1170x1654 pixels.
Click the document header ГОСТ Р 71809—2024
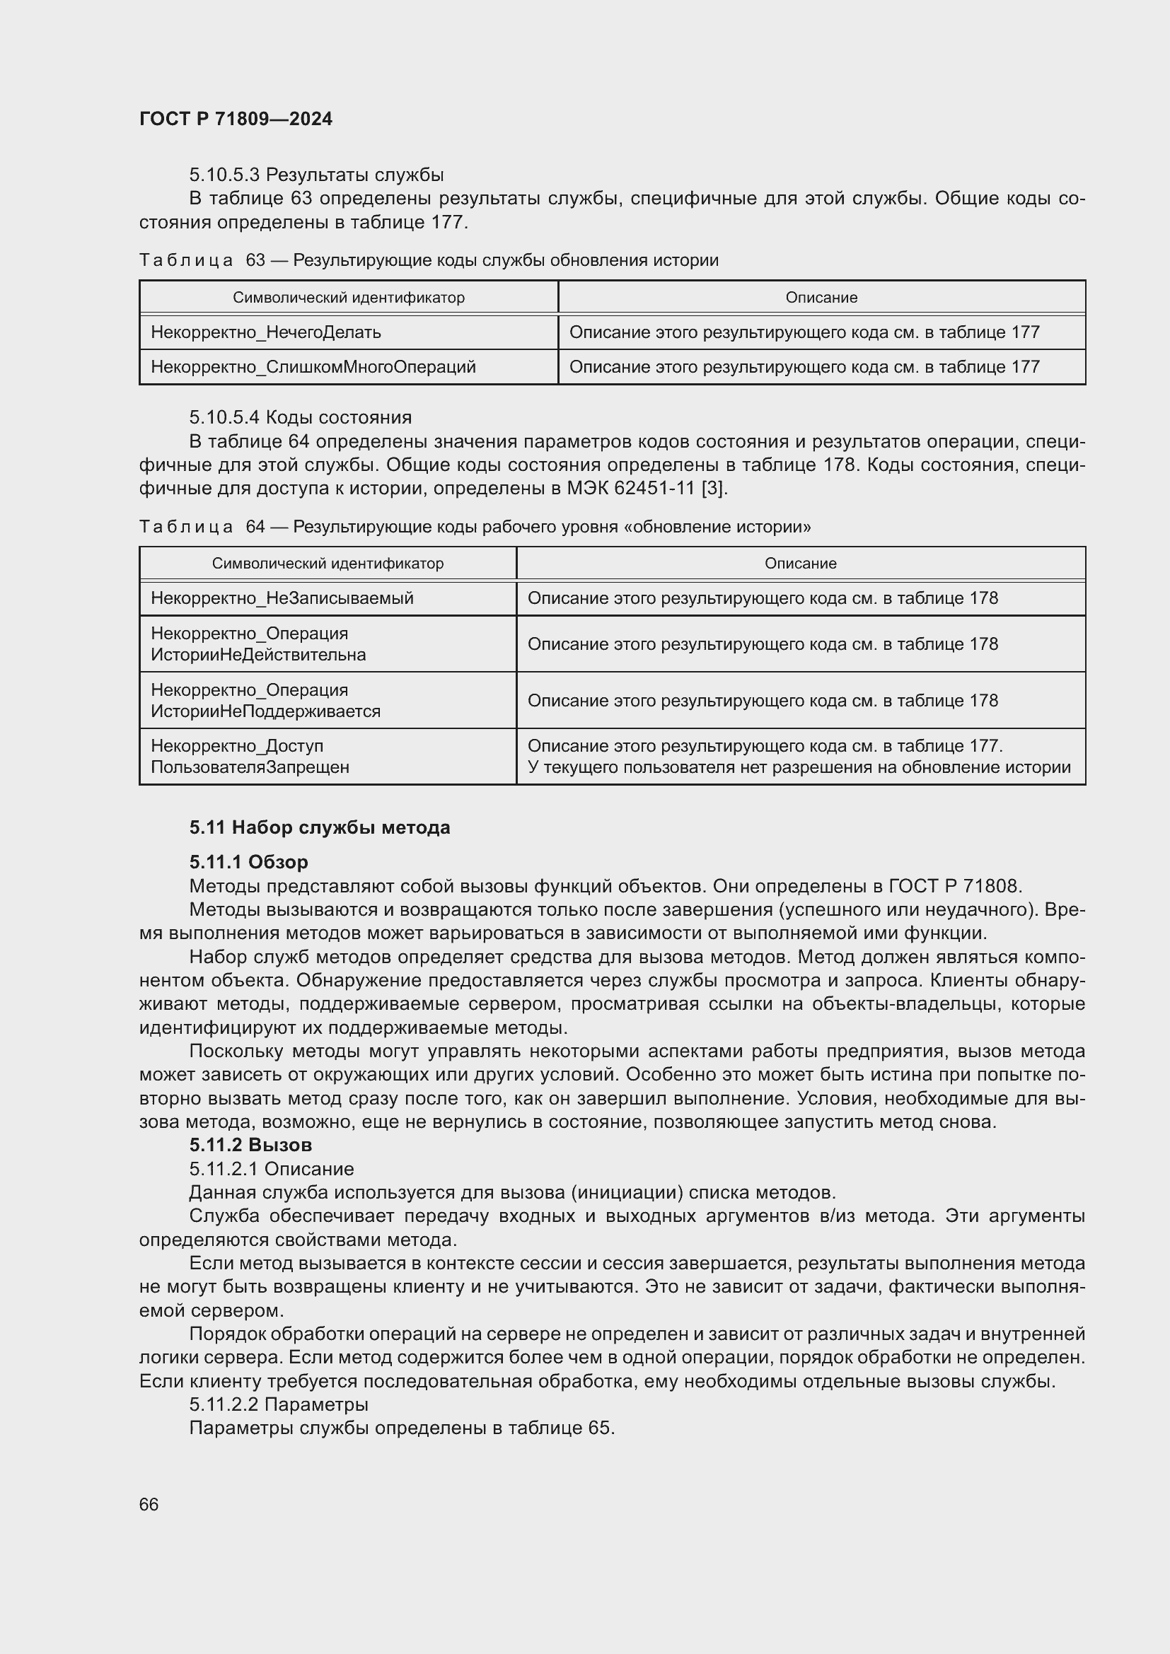tap(236, 120)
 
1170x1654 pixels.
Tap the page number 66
tap(149, 1504)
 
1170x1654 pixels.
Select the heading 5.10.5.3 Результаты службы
tap(316, 175)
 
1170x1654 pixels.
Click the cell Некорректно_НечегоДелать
tap(266, 332)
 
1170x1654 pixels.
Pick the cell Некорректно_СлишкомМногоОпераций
tap(313, 367)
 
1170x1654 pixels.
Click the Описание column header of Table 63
tap(821, 298)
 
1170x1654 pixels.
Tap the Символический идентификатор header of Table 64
tap(328, 564)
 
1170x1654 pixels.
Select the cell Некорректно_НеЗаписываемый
tap(282, 598)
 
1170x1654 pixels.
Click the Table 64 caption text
tap(475, 527)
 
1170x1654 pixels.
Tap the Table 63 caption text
tap(429, 260)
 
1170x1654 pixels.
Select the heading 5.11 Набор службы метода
tap(320, 828)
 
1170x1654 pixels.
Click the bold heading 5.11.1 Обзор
tap(248, 861)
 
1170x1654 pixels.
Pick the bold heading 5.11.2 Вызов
tap(250, 1145)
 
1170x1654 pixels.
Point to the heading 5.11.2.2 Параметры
tap(278, 1404)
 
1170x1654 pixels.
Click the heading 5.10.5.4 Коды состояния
tap(301, 418)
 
